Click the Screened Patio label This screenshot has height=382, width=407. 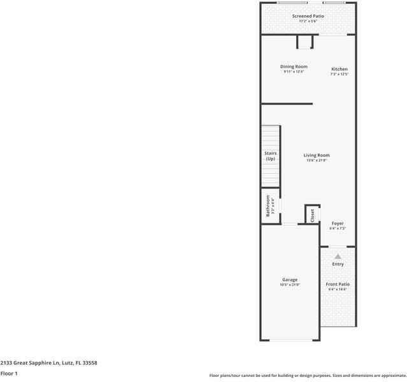tap(308, 16)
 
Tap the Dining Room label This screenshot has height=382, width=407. tap(294, 66)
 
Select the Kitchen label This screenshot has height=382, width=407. tap(339, 69)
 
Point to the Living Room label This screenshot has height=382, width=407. tap(317, 155)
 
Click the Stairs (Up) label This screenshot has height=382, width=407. tap(271, 156)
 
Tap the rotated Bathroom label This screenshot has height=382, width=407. tap(268, 206)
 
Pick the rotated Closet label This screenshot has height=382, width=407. tap(313, 215)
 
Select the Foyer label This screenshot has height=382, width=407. tap(338, 223)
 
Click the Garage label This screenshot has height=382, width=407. tap(290, 279)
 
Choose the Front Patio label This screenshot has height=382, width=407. tap(338, 284)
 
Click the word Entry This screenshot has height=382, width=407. tap(338, 264)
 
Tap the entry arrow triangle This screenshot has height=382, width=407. tap(338, 256)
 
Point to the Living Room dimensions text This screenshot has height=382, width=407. tap(317, 160)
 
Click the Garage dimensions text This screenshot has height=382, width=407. tap(290, 285)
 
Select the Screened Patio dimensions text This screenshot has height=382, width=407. tap(308, 21)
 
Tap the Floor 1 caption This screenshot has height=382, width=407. tap(9, 374)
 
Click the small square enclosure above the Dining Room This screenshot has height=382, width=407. tap(305, 41)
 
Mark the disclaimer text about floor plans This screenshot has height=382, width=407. tap(308, 376)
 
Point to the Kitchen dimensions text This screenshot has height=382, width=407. tap(339, 74)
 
